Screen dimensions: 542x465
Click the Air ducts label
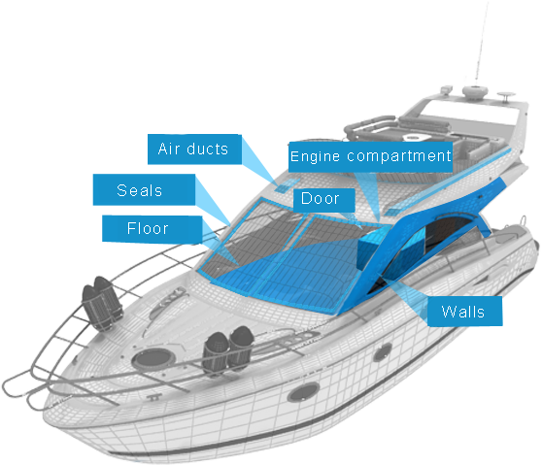pos(194,149)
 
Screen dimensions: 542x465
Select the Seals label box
pos(144,189)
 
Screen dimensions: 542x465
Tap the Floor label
pos(152,229)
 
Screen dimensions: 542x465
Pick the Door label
pos(323,200)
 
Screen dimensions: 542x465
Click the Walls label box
pos(464,311)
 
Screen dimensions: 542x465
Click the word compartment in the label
pos(399,156)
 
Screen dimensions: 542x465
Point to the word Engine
pos(315,156)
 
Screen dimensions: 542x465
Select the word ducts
pos(208,149)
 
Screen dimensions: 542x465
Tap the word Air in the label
pos(169,149)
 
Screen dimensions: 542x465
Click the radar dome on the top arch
pos(475,92)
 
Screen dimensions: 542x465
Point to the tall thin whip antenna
pos(482,43)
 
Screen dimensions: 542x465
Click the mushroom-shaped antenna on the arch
pos(506,96)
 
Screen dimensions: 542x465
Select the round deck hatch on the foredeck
pos(153,359)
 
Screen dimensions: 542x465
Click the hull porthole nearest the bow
pos(303,392)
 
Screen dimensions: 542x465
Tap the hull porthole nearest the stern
pos(383,352)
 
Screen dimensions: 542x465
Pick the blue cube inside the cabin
pos(373,247)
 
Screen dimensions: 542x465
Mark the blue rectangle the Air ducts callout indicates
pos(288,185)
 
